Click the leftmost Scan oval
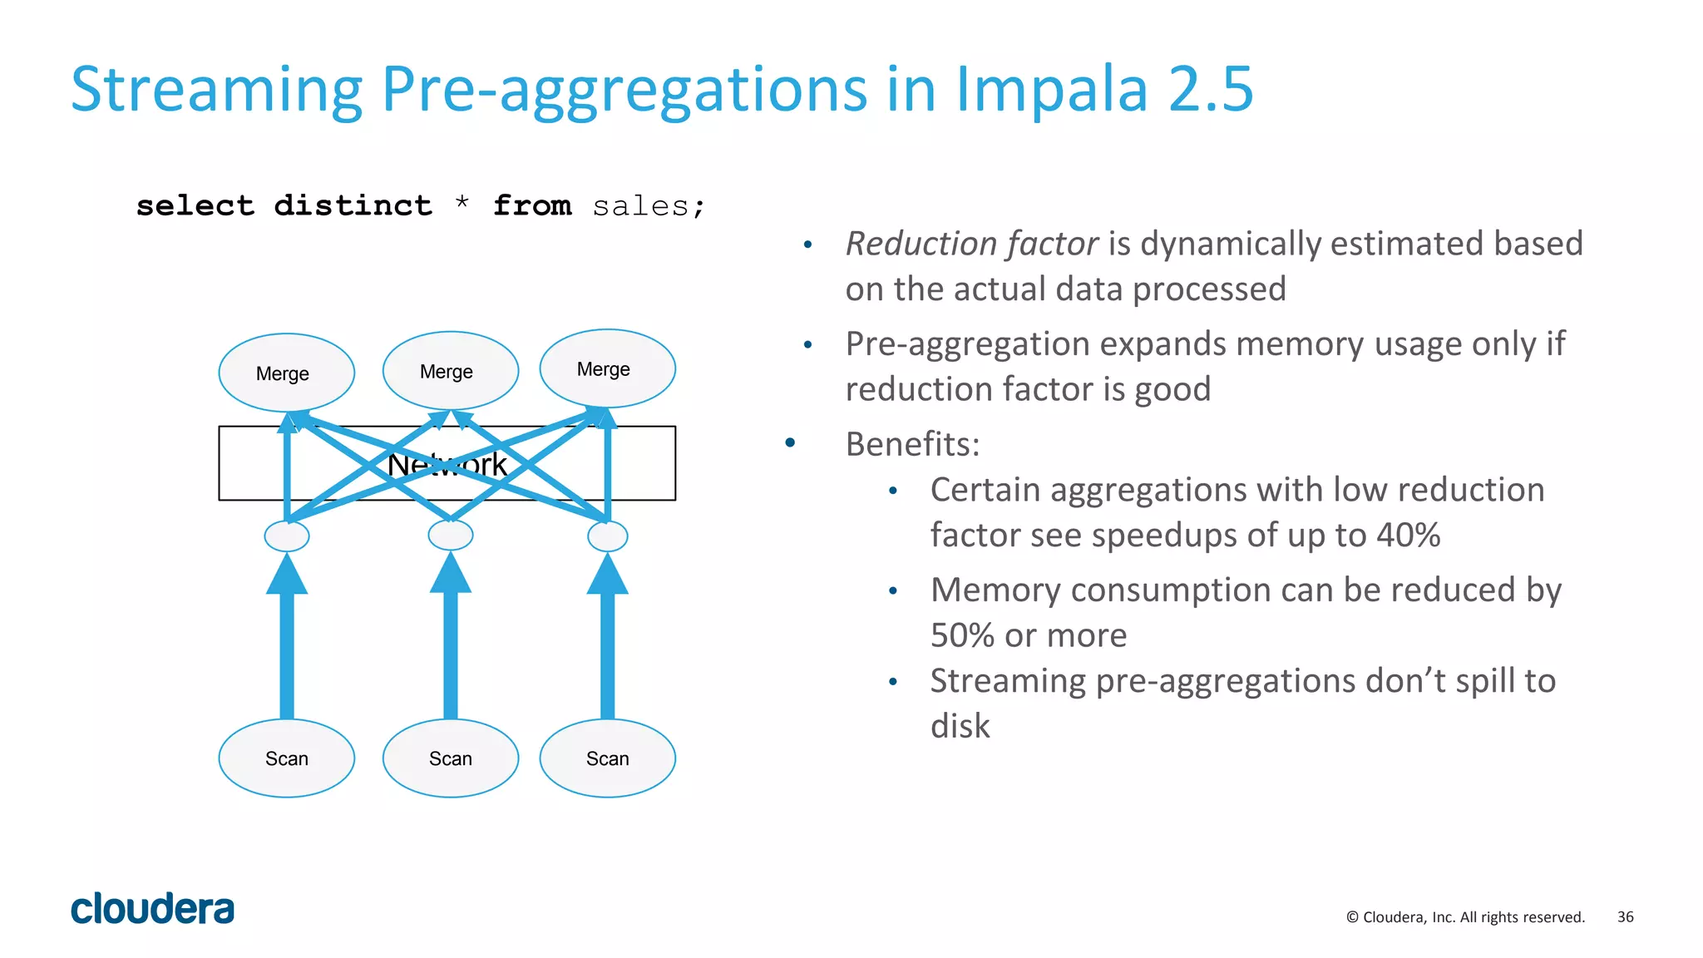286,758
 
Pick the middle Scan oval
450,758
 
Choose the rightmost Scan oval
607,758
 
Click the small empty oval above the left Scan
286,536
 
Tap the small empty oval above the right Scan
607,536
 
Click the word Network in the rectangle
447,465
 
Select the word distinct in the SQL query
353,205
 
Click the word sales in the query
640,205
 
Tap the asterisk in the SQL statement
462,203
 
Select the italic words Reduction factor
971,244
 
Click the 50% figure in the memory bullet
962,635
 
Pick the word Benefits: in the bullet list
912,444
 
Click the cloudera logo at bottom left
152,909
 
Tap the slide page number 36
1625,916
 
